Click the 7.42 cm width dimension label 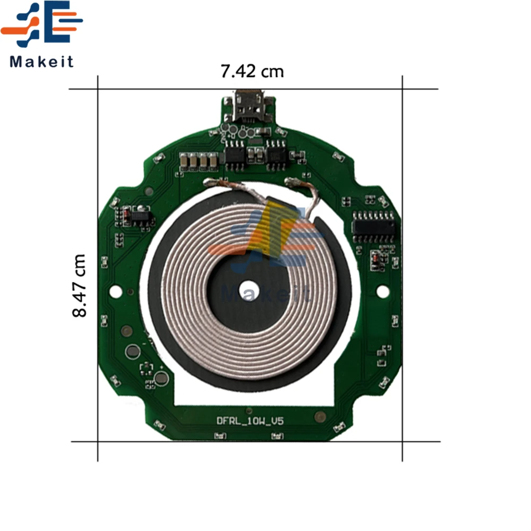(252, 72)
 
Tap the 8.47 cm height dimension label (80, 286)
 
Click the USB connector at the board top (249, 106)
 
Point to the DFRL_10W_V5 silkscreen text (250, 421)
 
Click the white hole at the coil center (249, 290)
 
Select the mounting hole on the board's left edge (115, 292)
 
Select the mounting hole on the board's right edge (383, 292)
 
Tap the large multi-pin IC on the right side (373, 226)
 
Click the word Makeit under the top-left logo (41, 62)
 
